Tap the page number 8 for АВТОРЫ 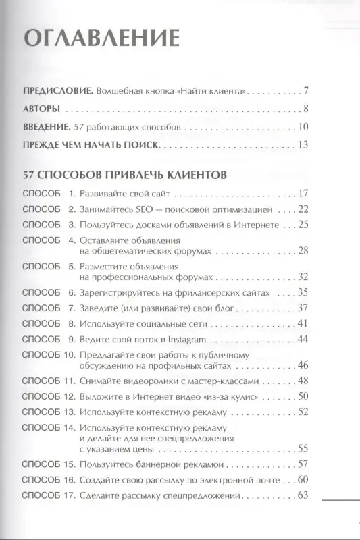(306, 109)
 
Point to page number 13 (303, 144)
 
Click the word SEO (143, 209)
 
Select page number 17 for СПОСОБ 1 (303, 193)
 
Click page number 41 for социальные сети (303, 323)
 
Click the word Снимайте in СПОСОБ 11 (100, 381)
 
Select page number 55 (303, 448)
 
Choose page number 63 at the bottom (303, 497)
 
